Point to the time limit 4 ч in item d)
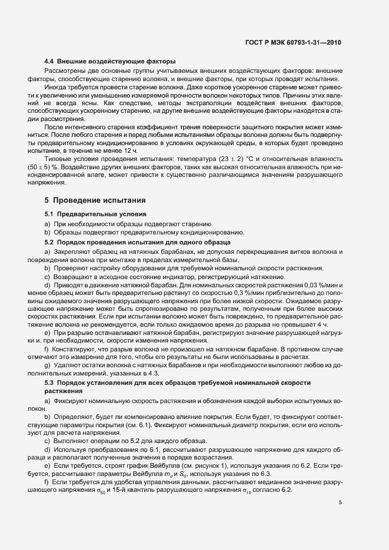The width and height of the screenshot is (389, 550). [320, 324]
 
